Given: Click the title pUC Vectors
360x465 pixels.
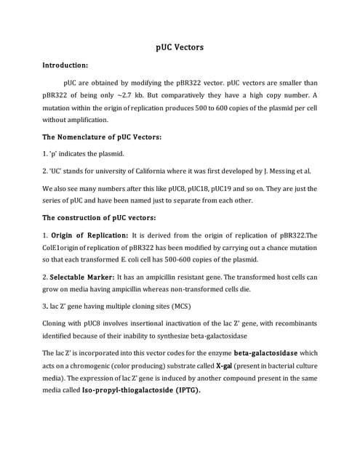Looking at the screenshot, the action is click(180, 47).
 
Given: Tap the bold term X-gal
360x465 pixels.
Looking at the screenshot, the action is click(225, 365).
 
